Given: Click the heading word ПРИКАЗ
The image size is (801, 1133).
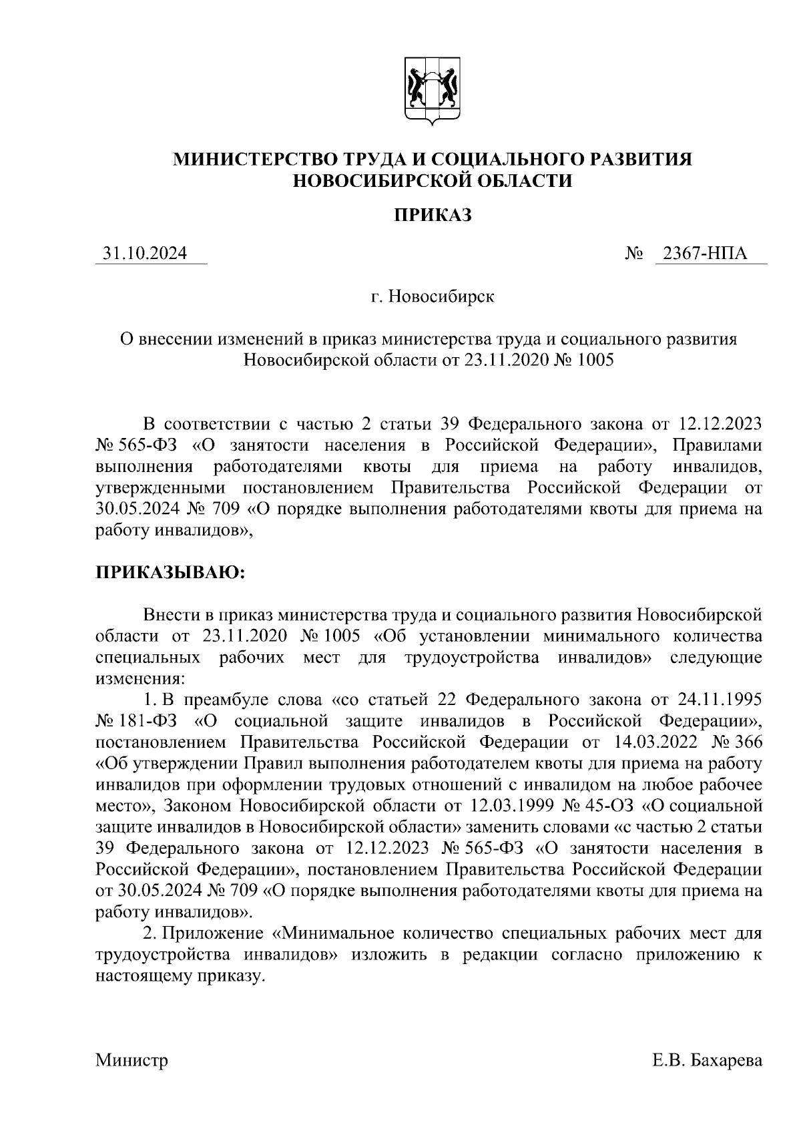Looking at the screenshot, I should pos(431,215).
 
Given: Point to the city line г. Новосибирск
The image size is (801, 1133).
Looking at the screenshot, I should pos(433,296).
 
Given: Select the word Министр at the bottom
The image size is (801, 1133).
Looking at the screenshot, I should pos(131,1060).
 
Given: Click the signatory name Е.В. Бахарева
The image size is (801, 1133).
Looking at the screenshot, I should pos(707,1060).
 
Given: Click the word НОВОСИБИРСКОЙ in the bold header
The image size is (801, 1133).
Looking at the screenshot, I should pos(384,181).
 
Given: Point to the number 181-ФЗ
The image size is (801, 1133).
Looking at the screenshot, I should pos(156,721).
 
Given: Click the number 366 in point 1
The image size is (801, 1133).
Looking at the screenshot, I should pos(746,742).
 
